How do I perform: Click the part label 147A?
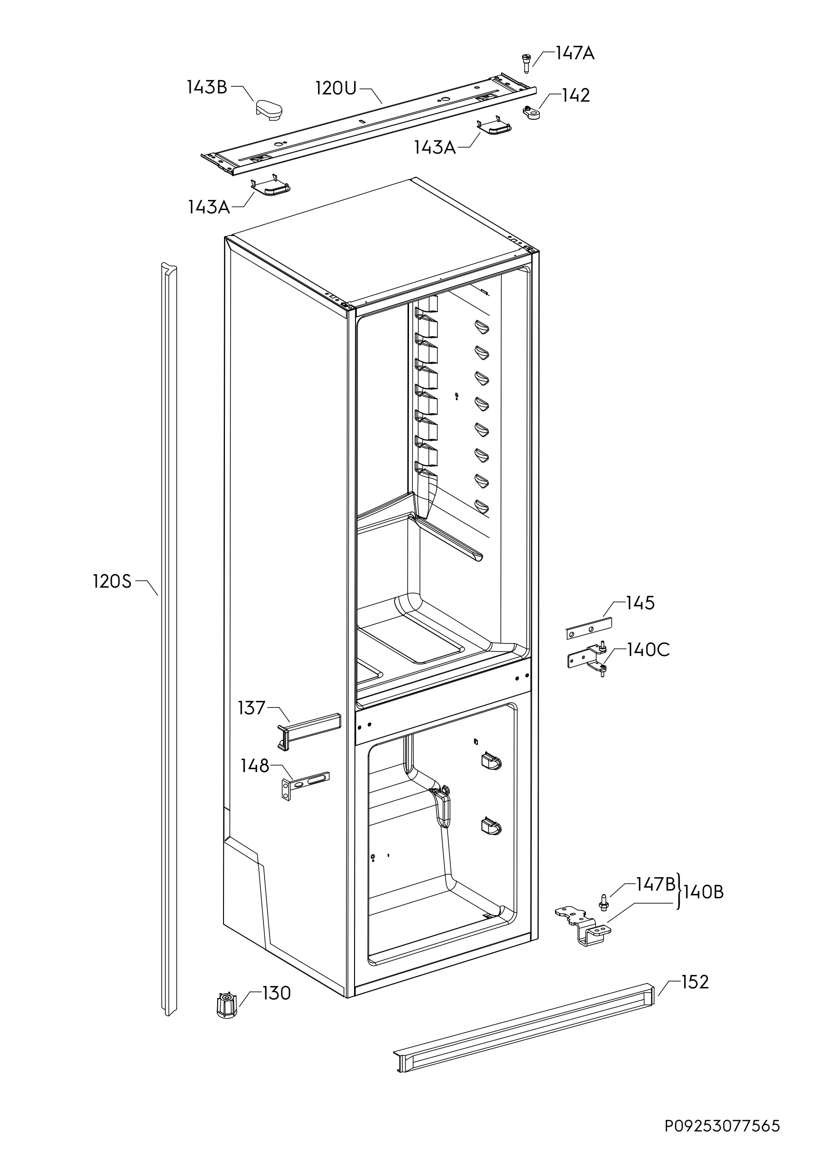575,53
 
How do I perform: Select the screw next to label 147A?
526,63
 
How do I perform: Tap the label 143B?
207,87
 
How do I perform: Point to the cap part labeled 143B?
268,110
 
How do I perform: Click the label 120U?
336,88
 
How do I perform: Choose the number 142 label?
576,95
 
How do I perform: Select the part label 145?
640,603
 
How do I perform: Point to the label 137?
251,708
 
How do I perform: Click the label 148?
255,766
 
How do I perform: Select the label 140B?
704,893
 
